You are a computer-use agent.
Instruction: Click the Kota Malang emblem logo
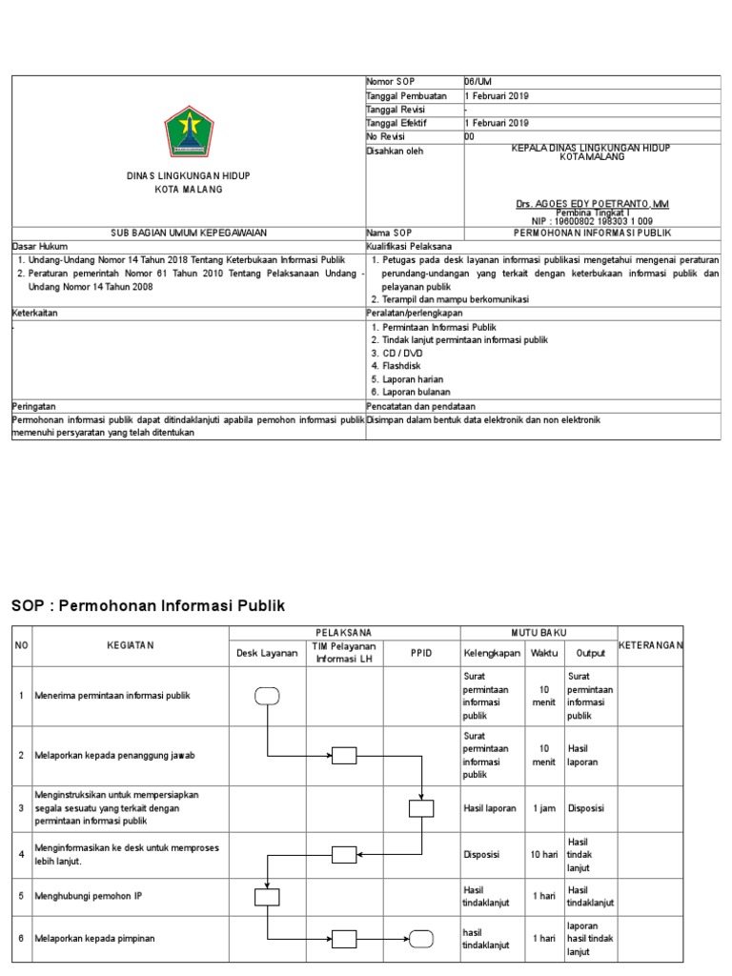188,132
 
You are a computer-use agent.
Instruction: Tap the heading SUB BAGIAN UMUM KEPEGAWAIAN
188,233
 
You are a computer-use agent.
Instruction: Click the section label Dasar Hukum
35,245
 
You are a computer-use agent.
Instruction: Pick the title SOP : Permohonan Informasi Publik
148,606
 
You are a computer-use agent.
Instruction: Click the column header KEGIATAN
130,646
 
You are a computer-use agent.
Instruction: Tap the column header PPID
421,653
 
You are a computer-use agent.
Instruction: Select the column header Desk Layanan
267,653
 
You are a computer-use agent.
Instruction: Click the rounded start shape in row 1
267,696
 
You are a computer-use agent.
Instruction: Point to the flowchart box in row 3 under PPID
421,808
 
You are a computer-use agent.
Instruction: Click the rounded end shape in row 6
421,939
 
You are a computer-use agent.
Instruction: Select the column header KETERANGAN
651,646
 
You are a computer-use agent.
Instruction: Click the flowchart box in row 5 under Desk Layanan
267,896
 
